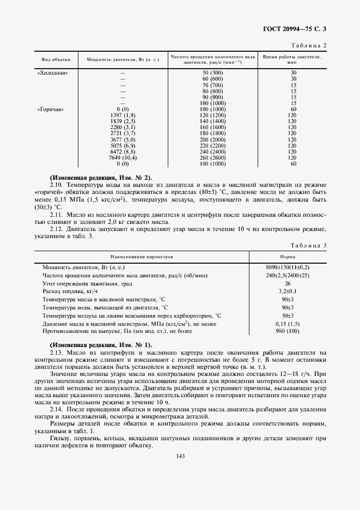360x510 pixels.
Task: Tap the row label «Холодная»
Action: click(52, 72)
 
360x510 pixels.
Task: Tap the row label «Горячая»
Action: click(51, 109)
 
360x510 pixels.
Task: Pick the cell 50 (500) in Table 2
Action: click(212, 72)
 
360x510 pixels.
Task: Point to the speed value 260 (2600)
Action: click(212, 157)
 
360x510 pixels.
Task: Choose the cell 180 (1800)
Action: click(212, 133)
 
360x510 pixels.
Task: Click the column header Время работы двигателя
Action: click(292, 59)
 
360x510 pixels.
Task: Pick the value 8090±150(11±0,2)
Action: click(288, 268)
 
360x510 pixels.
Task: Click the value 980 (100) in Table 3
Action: click(288, 332)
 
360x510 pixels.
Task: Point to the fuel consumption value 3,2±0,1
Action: click(288, 292)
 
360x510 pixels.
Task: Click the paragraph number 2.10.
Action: click(56, 186)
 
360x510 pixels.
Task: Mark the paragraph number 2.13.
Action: click(56, 354)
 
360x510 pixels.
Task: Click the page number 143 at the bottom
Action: click(181, 457)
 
